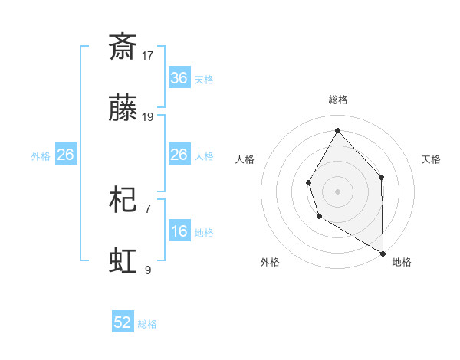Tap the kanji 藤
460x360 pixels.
pos(123,111)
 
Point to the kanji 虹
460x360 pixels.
pos(123,260)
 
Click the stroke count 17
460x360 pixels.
pos(148,55)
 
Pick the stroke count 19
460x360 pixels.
pos(148,117)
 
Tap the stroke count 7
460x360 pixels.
pos(148,208)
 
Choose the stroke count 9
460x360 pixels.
pos(148,270)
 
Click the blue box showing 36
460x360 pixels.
pos(179,78)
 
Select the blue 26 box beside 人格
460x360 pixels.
pos(179,155)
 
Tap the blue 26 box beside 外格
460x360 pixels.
pos(65,155)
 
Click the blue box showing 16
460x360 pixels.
pos(179,231)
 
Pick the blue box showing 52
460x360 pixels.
pos(123,322)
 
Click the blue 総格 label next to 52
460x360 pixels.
pos(148,324)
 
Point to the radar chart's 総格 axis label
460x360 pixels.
pos(337,100)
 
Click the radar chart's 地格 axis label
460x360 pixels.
pos(402,262)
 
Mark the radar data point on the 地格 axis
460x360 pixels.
pos(383,253)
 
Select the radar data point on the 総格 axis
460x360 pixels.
pos(337,129)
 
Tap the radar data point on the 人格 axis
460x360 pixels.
pos(308,182)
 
